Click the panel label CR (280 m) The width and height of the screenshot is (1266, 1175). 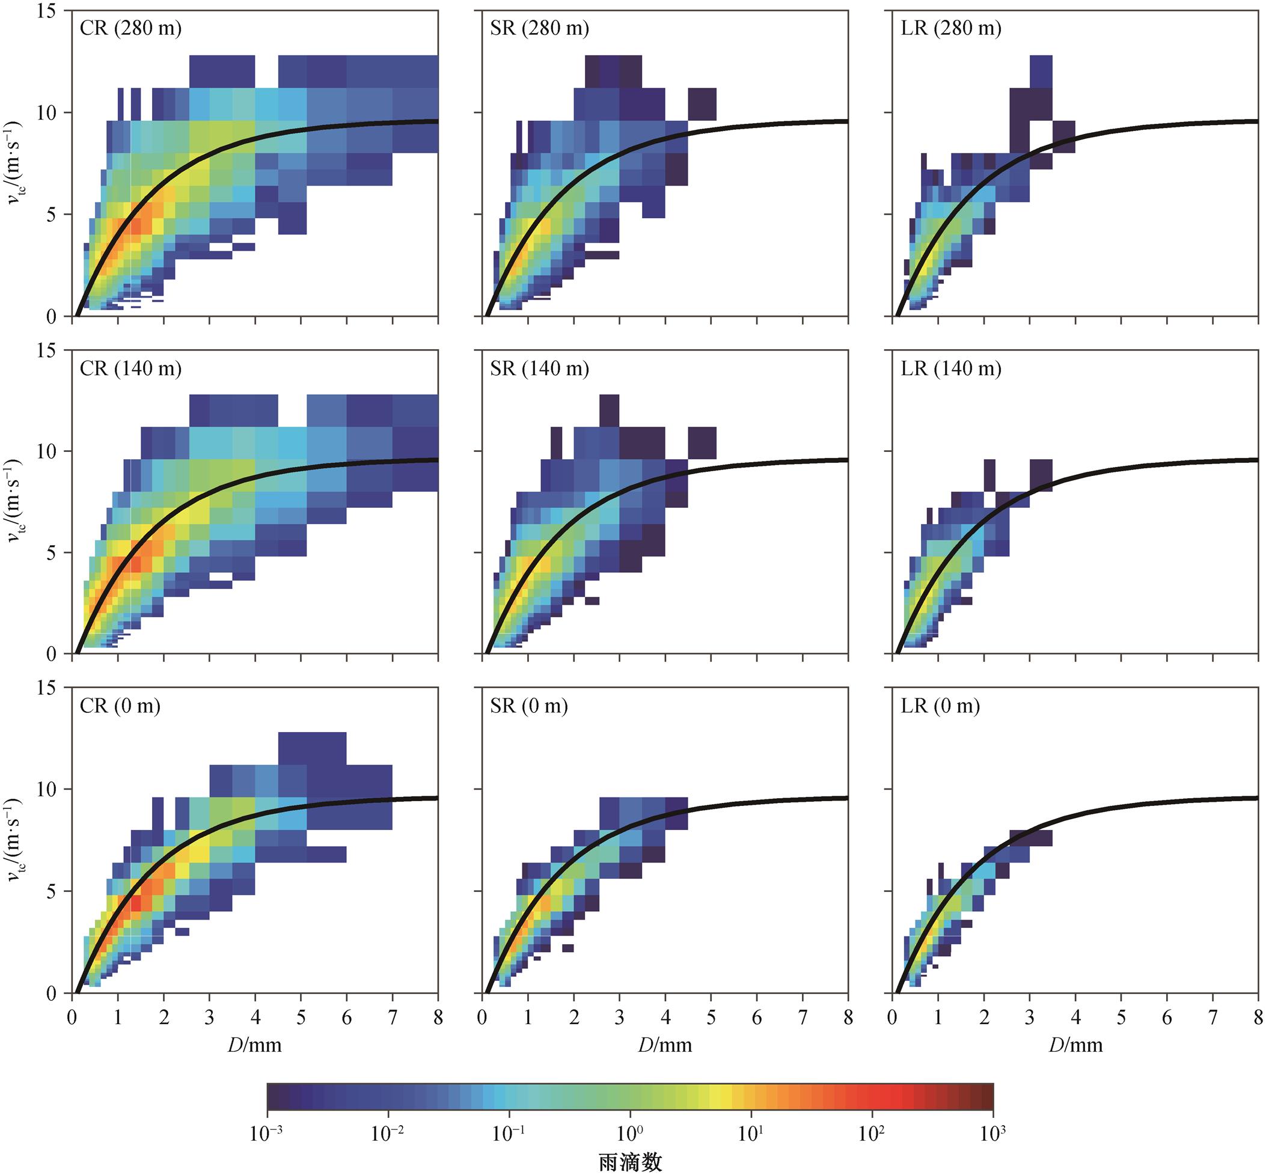(x=130, y=29)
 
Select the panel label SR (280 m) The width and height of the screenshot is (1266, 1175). (x=539, y=29)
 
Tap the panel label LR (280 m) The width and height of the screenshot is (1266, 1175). (x=951, y=29)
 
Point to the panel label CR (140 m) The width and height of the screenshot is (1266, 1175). (x=130, y=369)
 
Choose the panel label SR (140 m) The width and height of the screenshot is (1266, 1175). (x=539, y=369)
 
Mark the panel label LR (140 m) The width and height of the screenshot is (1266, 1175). (x=951, y=369)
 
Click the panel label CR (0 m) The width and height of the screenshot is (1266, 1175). (x=120, y=706)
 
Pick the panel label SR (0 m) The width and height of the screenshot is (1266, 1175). (x=528, y=706)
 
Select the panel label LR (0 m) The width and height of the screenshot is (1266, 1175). (x=940, y=706)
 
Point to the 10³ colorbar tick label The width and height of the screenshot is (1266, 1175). (x=992, y=1133)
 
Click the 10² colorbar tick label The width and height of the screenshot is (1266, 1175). (x=872, y=1133)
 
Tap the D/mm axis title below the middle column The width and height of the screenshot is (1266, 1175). (x=665, y=1045)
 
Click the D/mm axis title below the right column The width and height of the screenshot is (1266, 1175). (x=1076, y=1045)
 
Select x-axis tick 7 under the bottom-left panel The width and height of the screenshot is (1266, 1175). (x=393, y=1018)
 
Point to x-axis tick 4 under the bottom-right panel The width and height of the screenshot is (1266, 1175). (x=1075, y=1018)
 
